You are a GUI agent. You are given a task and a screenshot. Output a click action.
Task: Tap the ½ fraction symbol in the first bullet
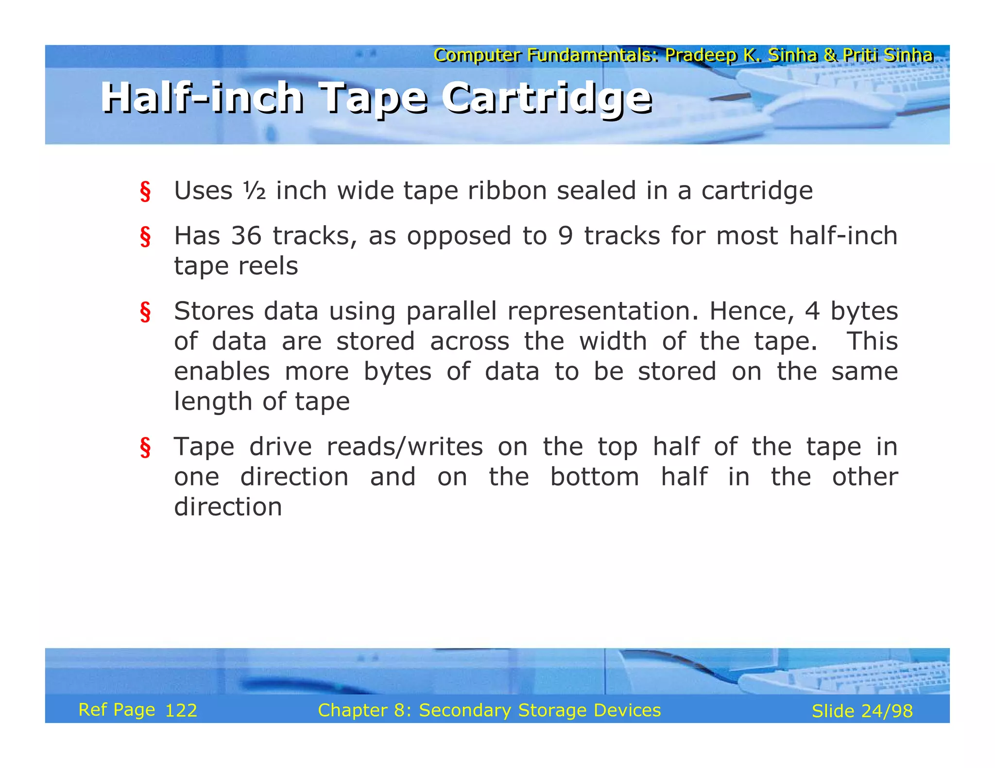click(x=254, y=190)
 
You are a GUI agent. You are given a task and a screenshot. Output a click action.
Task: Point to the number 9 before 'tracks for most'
click(x=566, y=236)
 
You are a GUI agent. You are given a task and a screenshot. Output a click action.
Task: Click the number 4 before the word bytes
click(x=812, y=311)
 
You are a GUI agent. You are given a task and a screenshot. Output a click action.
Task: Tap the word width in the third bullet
click(x=613, y=341)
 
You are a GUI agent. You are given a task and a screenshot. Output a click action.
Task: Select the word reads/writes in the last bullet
click(x=405, y=447)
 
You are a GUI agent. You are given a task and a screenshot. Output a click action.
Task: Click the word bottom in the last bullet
click(x=595, y=477)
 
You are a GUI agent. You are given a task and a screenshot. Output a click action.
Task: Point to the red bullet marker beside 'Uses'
click(x=145, y=192)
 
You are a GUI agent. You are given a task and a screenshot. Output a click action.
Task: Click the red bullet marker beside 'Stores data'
click(x=145, y=312)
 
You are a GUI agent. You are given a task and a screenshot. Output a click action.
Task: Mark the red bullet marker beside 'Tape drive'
click(x=145, y=448)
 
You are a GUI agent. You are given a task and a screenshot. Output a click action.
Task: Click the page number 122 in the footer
click(x=181, y=711)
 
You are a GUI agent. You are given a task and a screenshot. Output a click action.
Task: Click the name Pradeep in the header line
click(x=701, y=55)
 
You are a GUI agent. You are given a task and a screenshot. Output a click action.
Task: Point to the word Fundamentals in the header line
click(x=593, y=55)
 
